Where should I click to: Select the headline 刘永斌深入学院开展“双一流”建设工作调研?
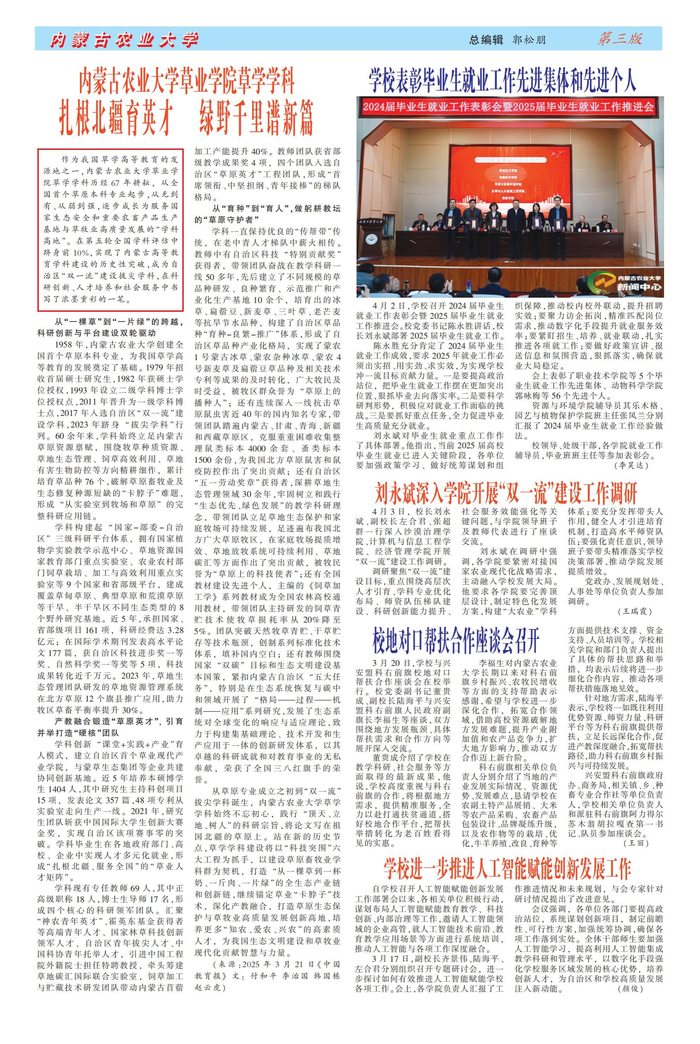[x=506, y=493]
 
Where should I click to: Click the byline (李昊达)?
[x=631, y=465]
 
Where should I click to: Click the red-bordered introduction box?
[x=110, y=229]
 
